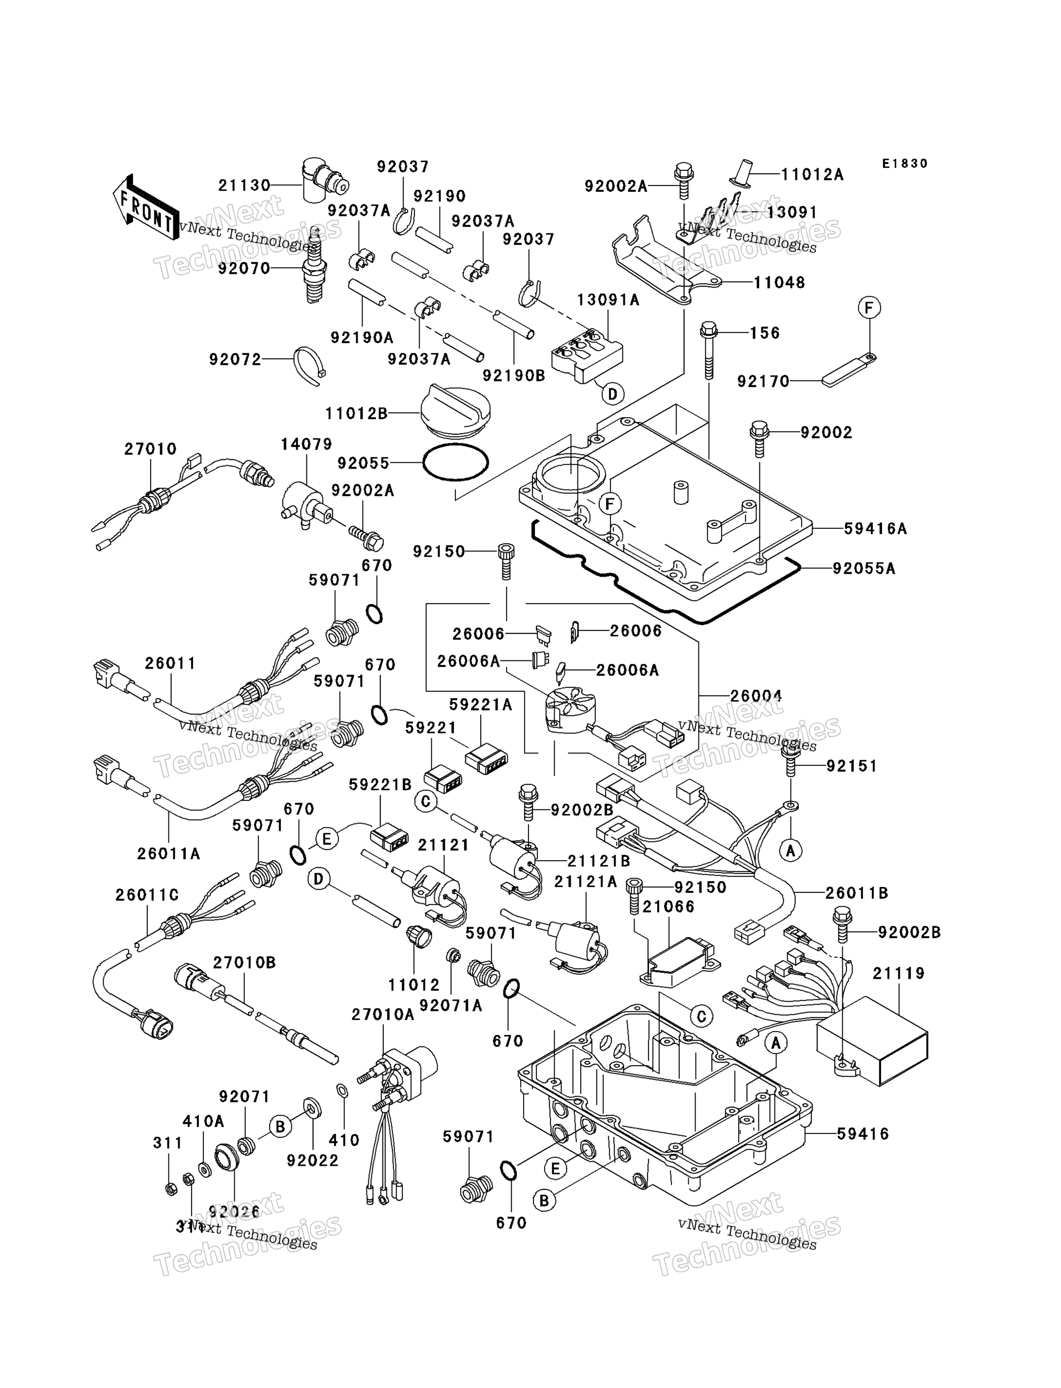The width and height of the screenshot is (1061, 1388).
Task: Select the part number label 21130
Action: [x=244, y=186]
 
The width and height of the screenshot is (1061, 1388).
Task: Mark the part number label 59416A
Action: [x=875, y=529]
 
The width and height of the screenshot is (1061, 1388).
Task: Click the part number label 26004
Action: [x=756, y=696]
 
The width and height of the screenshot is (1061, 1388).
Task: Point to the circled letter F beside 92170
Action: [x=869, y=308]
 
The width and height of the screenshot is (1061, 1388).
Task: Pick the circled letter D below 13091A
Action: [x=612, y=394]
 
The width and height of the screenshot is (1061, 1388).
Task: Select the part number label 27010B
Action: [x=244, y=963]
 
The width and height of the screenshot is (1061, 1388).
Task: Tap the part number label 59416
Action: [x=863, y=1134]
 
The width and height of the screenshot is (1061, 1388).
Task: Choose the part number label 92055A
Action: [x=864, y=568]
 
